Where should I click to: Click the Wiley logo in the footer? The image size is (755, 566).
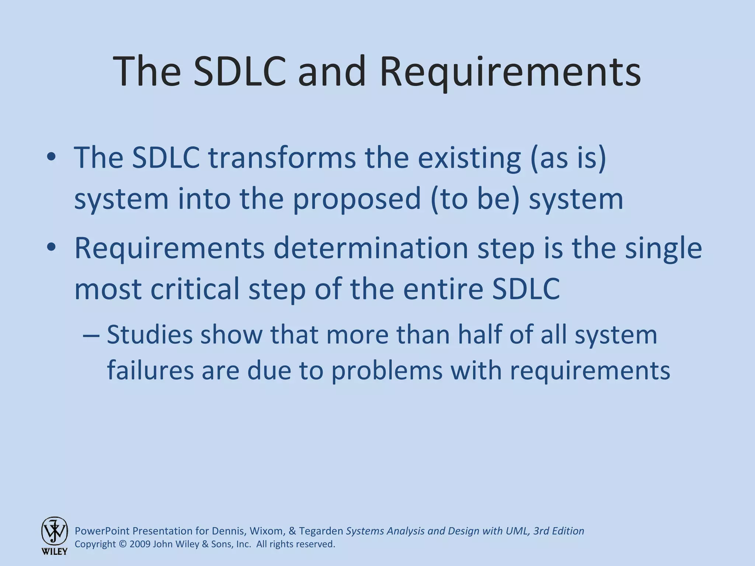click(x=54, y=535)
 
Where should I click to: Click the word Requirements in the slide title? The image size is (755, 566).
click(x=510, y=72)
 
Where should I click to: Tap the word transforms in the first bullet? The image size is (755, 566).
click(x=282, y=158)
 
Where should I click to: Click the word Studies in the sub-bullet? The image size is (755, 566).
click(x=150, y=335)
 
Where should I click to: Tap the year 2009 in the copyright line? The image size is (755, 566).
click(x=140, y=544)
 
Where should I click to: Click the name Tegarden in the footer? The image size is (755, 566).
click(x=321, y=531)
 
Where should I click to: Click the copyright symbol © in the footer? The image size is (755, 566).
click(x=123, y=544)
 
